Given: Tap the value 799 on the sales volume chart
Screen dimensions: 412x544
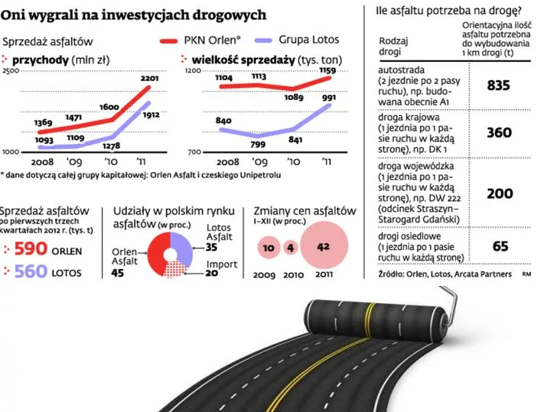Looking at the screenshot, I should tap(258, 144).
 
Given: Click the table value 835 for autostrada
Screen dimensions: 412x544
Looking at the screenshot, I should tap(498, 86).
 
